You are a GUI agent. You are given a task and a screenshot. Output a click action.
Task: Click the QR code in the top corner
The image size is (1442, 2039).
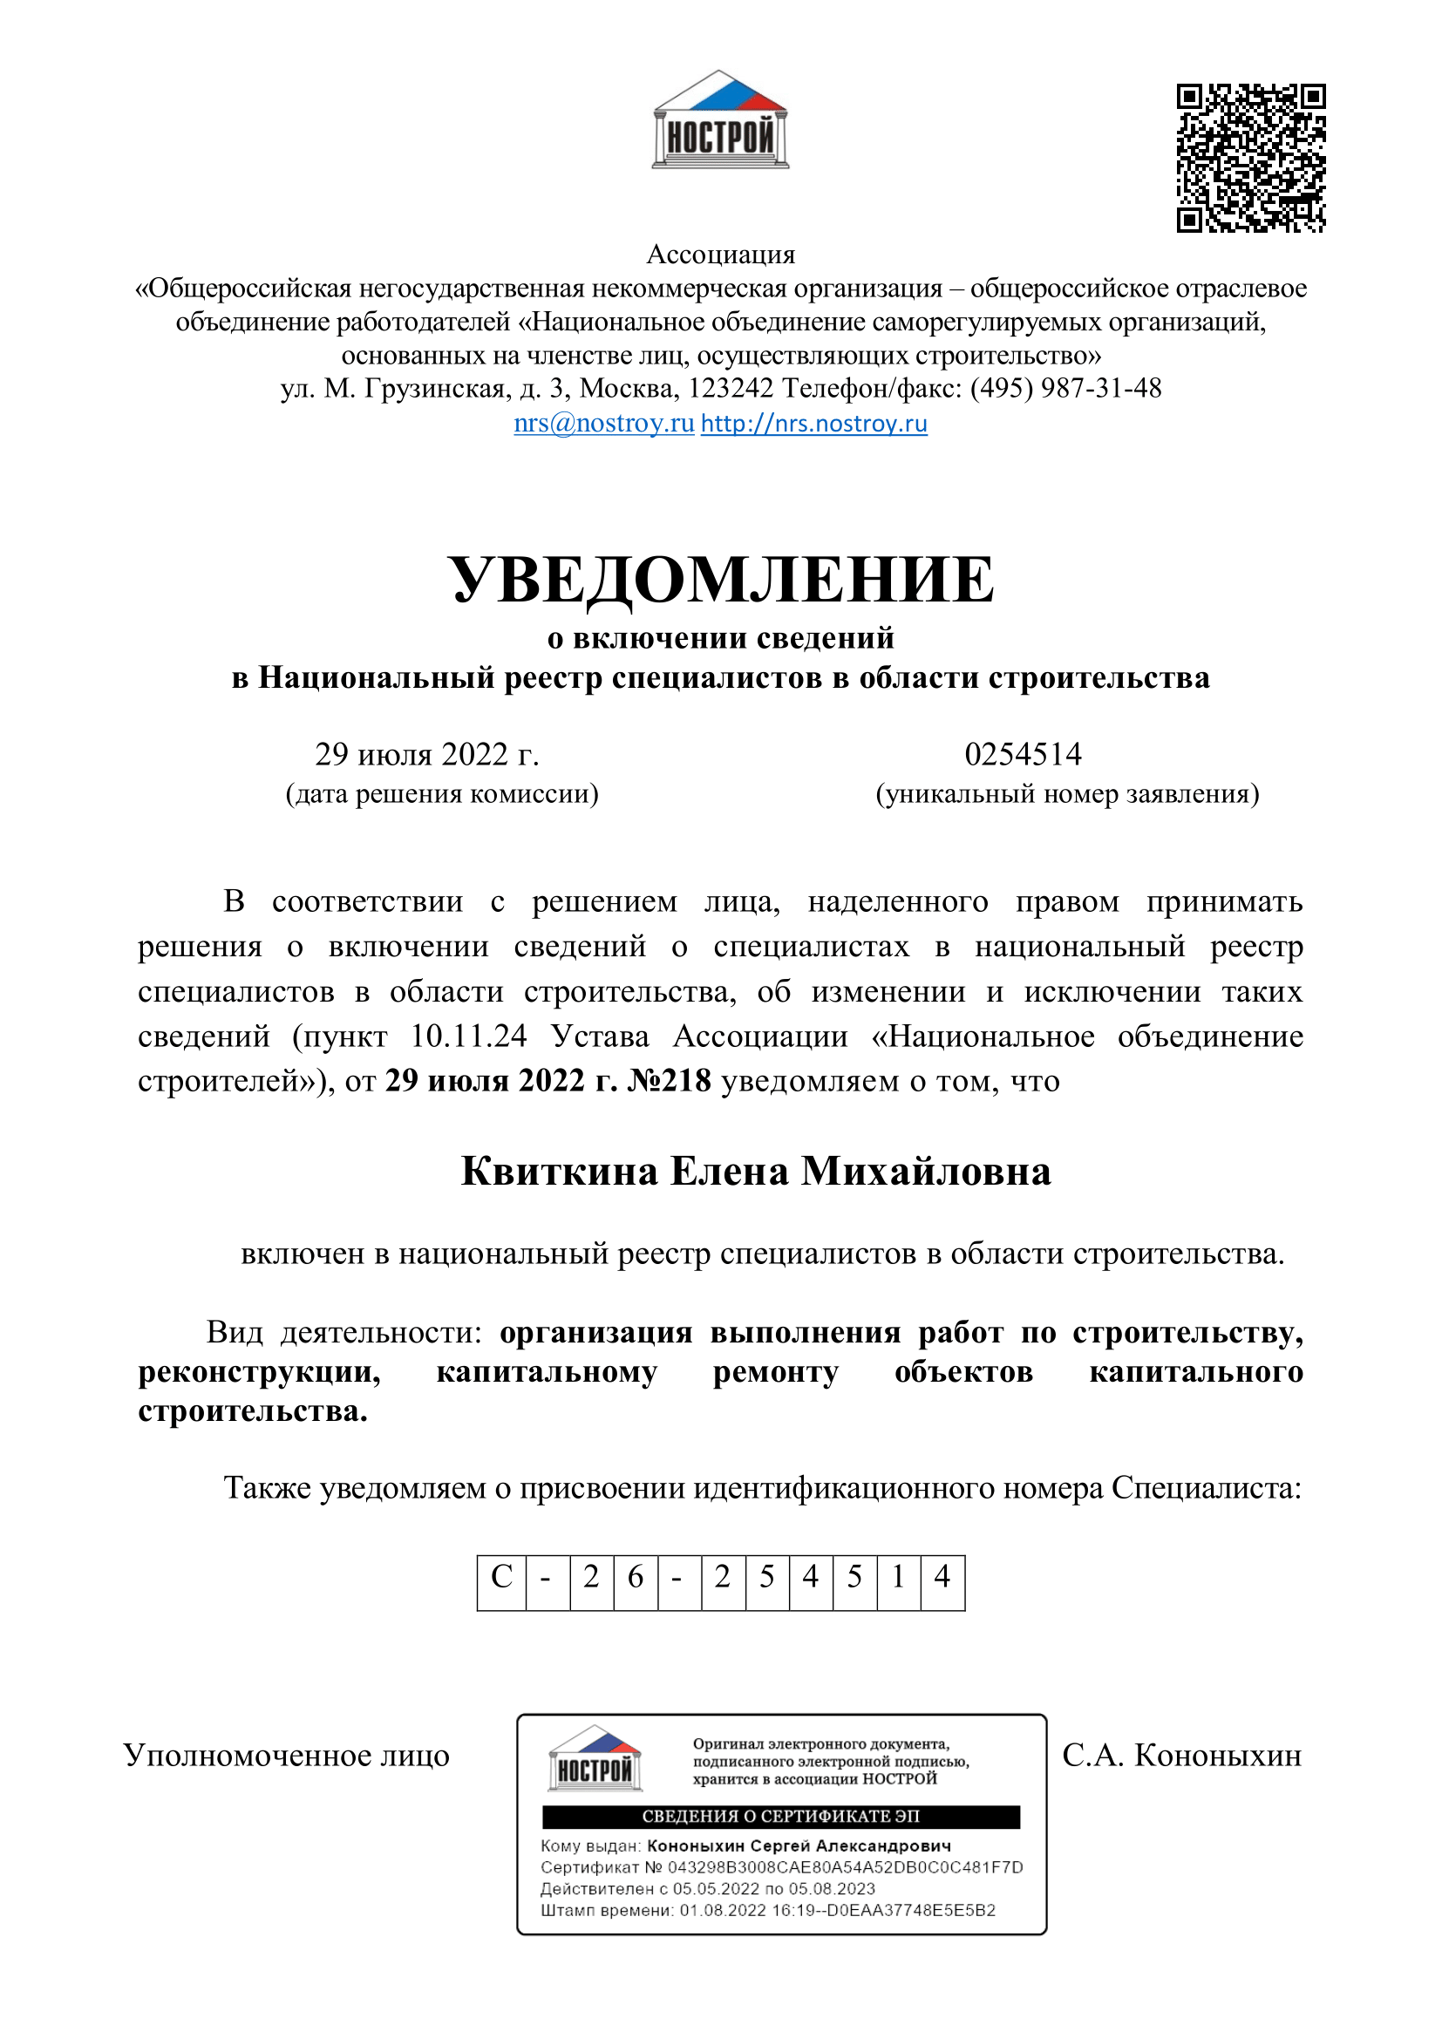click(1250, 158)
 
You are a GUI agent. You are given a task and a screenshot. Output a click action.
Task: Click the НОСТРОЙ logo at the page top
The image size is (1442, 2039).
click(720, 121)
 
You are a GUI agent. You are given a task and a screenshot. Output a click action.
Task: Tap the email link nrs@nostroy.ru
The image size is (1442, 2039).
click(604, 423)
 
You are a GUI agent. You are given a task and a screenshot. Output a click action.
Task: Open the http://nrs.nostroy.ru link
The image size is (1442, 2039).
click(813, 423)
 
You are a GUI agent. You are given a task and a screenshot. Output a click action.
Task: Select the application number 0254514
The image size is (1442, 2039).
click(1023, 754)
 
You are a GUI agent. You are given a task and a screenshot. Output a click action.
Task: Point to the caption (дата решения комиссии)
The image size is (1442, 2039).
click(441, 793)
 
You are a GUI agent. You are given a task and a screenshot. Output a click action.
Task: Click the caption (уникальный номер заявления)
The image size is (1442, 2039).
click(1067, 793)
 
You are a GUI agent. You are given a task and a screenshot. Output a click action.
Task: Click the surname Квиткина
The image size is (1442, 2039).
click(560, 1172)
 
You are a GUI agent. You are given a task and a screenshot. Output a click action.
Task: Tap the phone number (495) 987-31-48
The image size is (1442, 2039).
click(1065, 388)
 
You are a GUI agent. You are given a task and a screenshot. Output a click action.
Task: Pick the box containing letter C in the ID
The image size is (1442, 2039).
click(501, 1576)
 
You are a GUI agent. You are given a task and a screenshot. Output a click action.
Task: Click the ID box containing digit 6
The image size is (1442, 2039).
click(635, 1576)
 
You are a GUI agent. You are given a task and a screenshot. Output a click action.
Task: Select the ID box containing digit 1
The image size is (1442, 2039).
click(898, 1576)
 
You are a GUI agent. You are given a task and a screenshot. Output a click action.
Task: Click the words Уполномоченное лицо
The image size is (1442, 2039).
click(286, 1755)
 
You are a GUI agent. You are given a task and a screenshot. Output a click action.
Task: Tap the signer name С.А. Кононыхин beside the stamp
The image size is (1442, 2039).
click(1181, 1755)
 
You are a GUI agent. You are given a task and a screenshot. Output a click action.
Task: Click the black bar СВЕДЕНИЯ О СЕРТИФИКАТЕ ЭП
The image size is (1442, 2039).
click(780, 1817)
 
